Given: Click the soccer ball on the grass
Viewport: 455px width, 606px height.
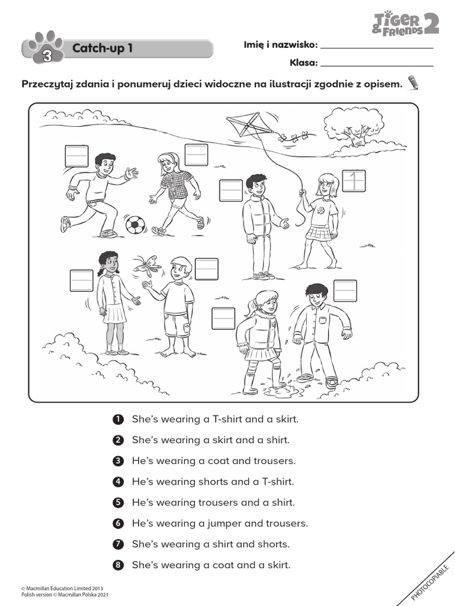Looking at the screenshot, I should tap(134, 225).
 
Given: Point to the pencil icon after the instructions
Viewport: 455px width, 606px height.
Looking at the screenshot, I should tap(413, 83).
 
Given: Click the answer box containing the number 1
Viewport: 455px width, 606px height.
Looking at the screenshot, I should tap(354, 181).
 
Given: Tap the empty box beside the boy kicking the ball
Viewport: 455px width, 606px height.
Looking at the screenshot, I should tap(76, 155).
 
